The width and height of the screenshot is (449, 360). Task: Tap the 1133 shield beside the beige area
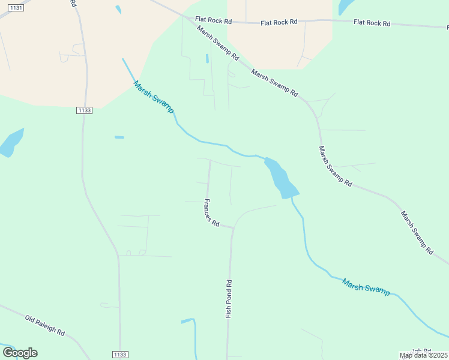tap(85, 110)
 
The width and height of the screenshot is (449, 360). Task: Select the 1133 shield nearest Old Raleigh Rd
tap(120, 355)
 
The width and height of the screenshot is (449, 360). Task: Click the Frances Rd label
tap(211, 212)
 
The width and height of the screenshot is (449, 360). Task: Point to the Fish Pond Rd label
tap(228, 299)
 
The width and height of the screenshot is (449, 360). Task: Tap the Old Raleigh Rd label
tap(45, 325)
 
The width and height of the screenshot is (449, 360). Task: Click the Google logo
tap(20, 353)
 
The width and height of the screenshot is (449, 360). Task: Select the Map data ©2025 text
tap(423, 355)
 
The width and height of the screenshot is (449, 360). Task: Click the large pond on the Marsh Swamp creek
tap(280, 178)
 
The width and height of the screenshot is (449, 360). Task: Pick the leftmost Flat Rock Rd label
tap(213, 21)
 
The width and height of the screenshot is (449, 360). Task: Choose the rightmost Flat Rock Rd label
tap(372, 23)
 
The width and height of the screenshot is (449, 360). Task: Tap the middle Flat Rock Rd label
tap(279, 22)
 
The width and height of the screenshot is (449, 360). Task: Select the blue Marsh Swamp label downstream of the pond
tap(366, 286)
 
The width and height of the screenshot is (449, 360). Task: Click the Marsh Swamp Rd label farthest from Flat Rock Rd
tap(417, 233)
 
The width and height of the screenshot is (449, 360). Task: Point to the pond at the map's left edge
tap(10, 143)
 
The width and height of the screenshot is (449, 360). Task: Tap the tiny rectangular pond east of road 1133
tap(119, 137)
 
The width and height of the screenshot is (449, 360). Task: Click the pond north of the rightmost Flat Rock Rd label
tap(346, 7)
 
